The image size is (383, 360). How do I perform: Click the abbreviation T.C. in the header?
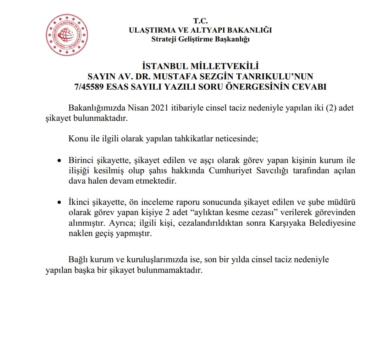(200, 22)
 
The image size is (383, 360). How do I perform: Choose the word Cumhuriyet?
(230, 170)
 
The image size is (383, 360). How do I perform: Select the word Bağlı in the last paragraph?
(78, 260)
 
